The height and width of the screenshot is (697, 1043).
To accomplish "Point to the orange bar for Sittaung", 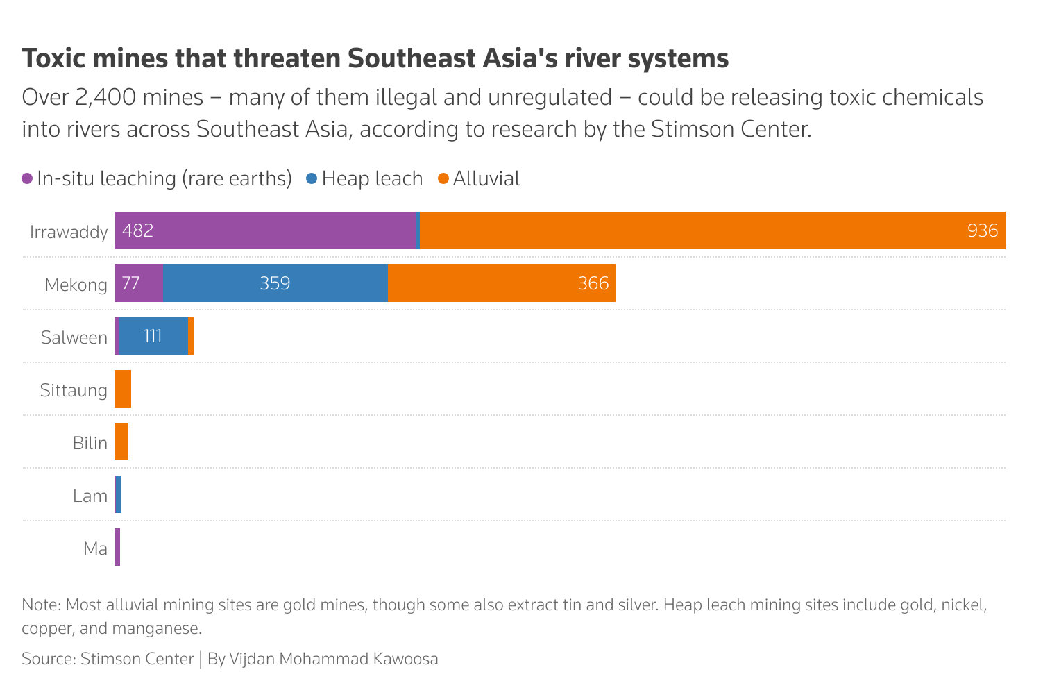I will point(123,389).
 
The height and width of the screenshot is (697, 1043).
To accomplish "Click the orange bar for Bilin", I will point(121,442).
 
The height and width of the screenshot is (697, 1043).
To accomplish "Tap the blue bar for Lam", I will point(119,494).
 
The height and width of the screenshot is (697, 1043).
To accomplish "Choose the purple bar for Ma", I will point(117,547).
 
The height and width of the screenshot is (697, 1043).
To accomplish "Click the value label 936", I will point(982,230).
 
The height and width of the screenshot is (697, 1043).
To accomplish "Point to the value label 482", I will point(138,230).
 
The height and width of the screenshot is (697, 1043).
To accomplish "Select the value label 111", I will point(153,336).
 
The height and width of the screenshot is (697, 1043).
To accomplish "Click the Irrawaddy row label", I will point(69,232).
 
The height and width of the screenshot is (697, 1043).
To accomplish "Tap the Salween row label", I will point(74,337).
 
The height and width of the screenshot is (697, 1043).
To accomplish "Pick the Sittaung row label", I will point(74,390).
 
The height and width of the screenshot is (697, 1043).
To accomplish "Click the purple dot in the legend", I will point(28,178).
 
